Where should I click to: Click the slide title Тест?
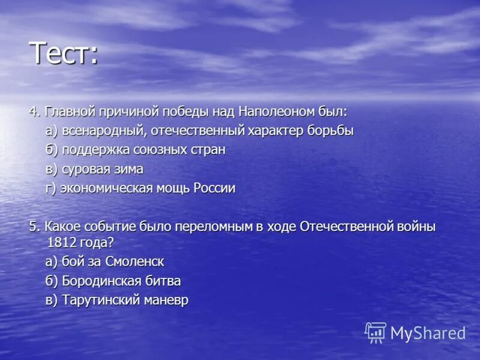point(64,54)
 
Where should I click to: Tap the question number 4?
point(33,112)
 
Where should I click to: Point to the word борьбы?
point(332,131)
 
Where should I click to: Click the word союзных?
point(161,150)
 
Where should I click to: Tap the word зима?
point(127,169)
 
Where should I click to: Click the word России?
point(214,188)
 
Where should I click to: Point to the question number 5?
point(33,227)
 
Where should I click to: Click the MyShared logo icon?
point(376,332)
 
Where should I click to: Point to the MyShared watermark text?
point(428,334)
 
